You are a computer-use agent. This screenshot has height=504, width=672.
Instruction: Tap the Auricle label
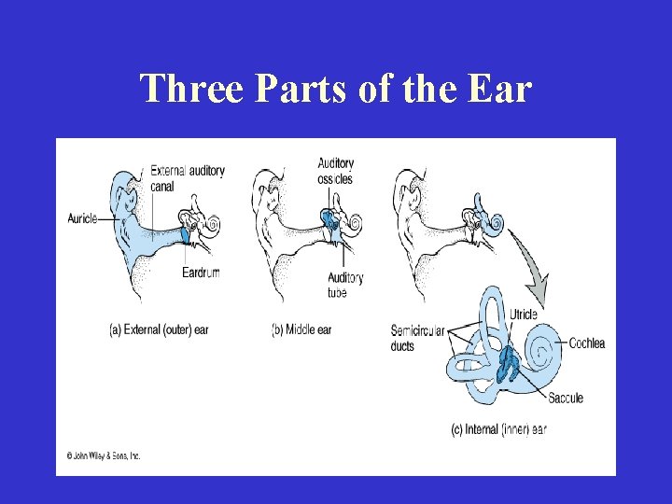pos(82,218)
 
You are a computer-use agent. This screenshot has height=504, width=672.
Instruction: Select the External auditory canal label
pos(187,176)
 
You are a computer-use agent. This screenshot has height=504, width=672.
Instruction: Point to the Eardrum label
pos(201,273)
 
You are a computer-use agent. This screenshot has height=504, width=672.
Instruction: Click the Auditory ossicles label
pos(335,172)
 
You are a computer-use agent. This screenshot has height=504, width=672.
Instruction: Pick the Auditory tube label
pos(344,285)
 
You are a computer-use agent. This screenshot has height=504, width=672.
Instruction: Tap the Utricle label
pos(524,315)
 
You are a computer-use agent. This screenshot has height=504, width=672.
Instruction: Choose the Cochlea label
pos(586,343)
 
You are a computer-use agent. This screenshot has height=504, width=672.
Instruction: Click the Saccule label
pos(565,398)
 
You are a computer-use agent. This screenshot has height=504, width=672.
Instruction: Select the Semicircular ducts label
pos(417,338)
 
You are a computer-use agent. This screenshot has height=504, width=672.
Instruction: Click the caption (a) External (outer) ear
pos(159,329)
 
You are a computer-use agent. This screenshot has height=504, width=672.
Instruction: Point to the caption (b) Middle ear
pos(301,329)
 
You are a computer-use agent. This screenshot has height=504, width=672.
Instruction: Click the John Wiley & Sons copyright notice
pos(103,456)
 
